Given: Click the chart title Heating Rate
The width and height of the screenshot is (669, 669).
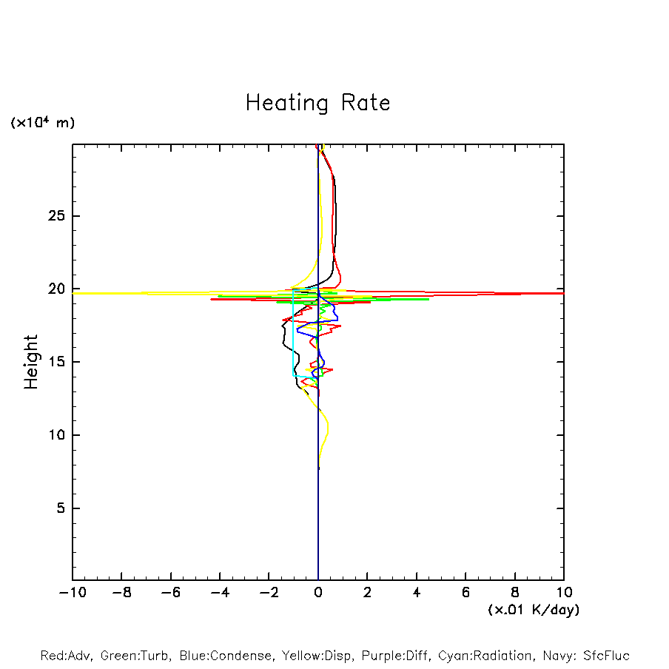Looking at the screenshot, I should [317, 103].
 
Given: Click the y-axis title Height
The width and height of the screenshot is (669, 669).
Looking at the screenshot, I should [31, 362].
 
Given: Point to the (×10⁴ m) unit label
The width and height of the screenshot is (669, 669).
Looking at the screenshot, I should [42, 123].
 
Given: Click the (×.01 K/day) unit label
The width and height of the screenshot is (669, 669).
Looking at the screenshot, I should [533, 610].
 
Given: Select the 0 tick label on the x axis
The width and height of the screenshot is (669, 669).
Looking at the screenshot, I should [318, 593].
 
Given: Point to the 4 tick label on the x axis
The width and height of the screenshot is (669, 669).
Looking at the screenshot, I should [417, 593].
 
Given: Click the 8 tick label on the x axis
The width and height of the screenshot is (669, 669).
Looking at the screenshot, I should [515, 593].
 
